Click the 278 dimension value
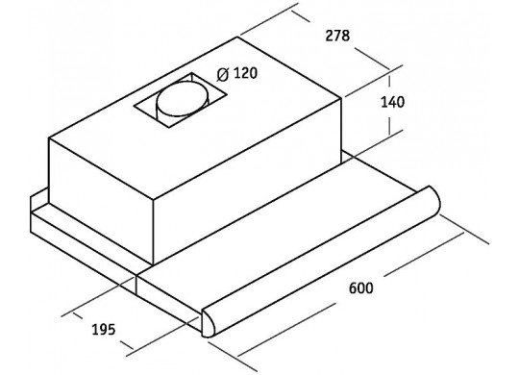click(337, 36)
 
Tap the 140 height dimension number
click(392, 102)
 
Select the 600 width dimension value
click(360, 287)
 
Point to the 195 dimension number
click(103, 329)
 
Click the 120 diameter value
click(245, 73)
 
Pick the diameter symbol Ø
click(223, 75)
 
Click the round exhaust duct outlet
click(183, 101)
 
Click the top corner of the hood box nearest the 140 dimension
click(342, 97)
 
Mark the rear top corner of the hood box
click(237, 37)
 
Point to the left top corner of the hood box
click(49, 138)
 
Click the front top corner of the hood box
click(153, 200)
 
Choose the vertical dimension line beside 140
click(389, 105)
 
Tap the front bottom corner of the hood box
click(153, 265)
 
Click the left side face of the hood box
click(101, 200)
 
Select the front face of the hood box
click(248, 181)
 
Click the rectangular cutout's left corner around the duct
click(135, 107)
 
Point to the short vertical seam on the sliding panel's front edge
click(136, 285)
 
